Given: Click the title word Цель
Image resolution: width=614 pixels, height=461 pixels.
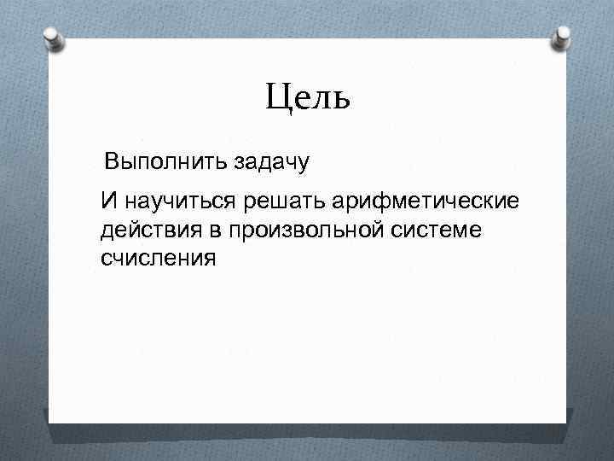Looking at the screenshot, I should (x=307, y=99).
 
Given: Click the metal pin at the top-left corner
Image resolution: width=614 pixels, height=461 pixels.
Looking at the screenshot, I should (x=51, y=38).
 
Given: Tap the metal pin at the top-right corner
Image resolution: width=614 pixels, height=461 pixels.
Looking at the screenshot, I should (x=564, y=37).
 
